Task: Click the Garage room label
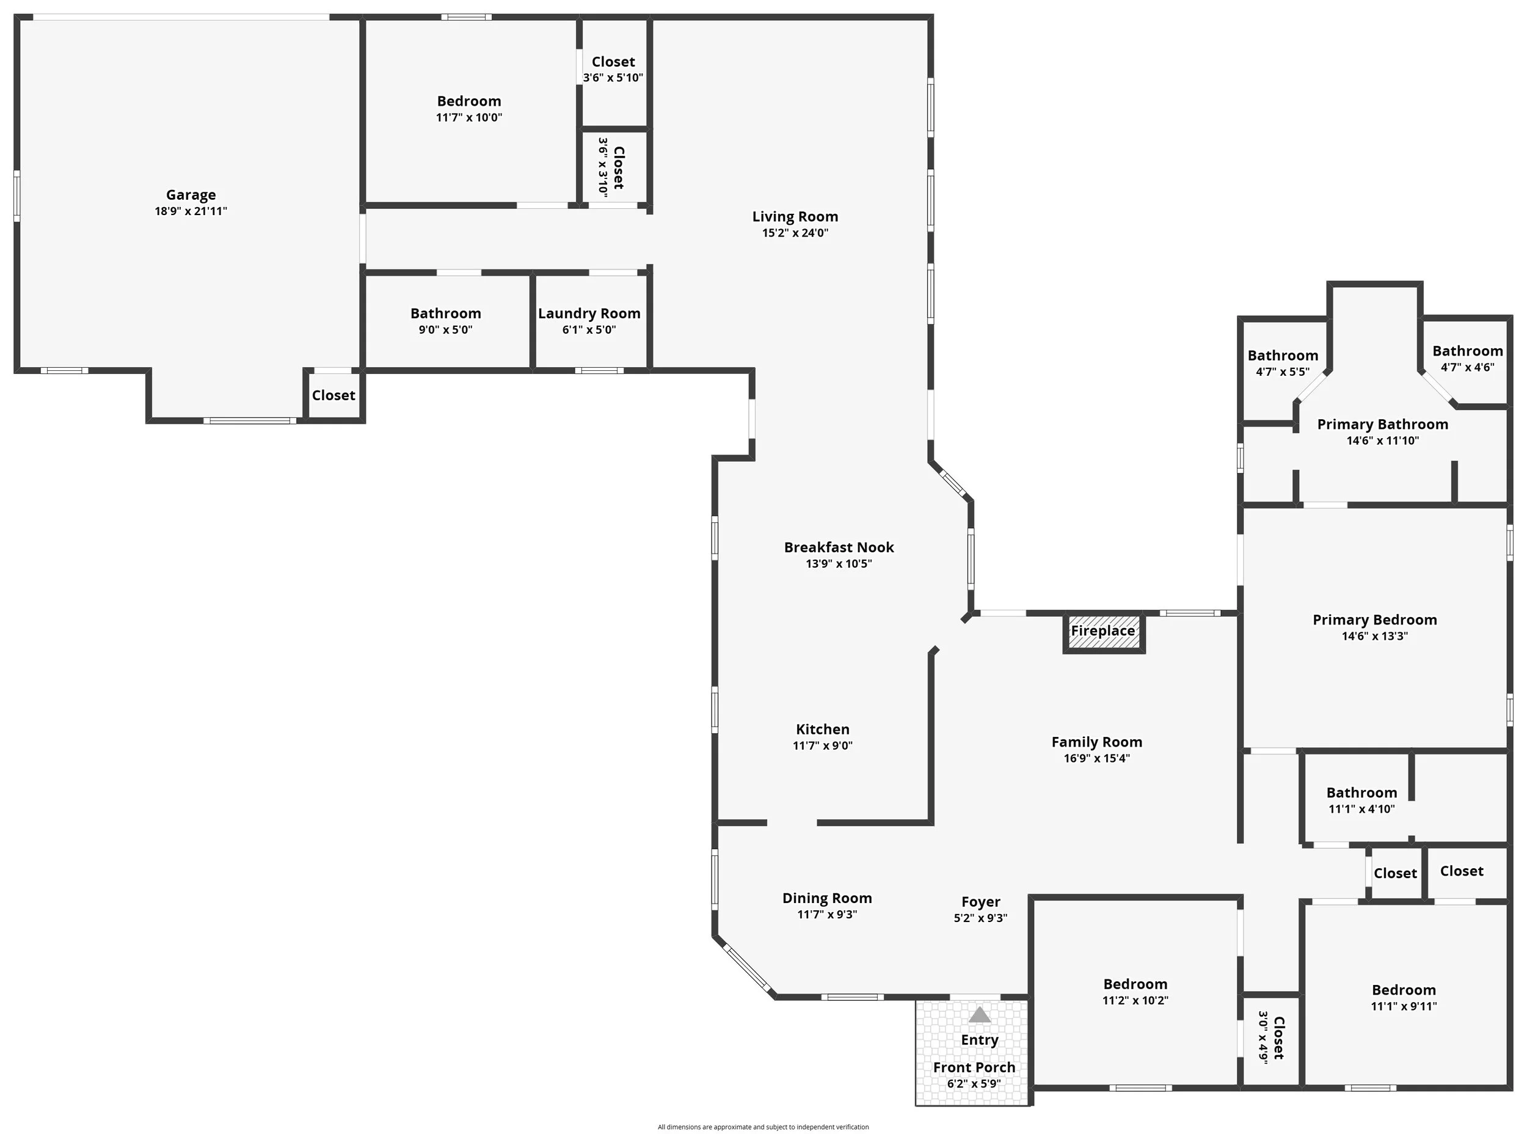pyautogui.click(x=191, y=196)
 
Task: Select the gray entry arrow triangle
pyautogui.click(x=979, y=1015)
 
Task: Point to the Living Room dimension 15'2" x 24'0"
pyautogui.click(x=795, y=233)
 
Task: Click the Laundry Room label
pyautogui.click(x=589, y=313)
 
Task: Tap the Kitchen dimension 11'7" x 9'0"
pyautogui.click(x=822, y=746)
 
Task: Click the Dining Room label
pyautogui.click(x=827, y=899)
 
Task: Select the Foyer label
pyautogui.click(x=980, y=902)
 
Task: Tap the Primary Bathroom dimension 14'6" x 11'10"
pyautogui.click(x=1382, y=441)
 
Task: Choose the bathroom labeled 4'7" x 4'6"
pyautogui.click(x=1467, y=358)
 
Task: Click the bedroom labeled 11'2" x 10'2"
pyautogui.click(x=1135, y=992)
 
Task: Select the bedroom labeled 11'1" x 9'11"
pyautogui.click(x=1404, y=997)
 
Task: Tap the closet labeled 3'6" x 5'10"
pyautogui.click(x=613, y=69)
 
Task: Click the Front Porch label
pyautogui.click(x=974, y=1067)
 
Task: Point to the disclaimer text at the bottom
pyautogui.click(x=763, y=1127)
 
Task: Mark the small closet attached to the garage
pyautogui.click(x=333, y=395)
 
